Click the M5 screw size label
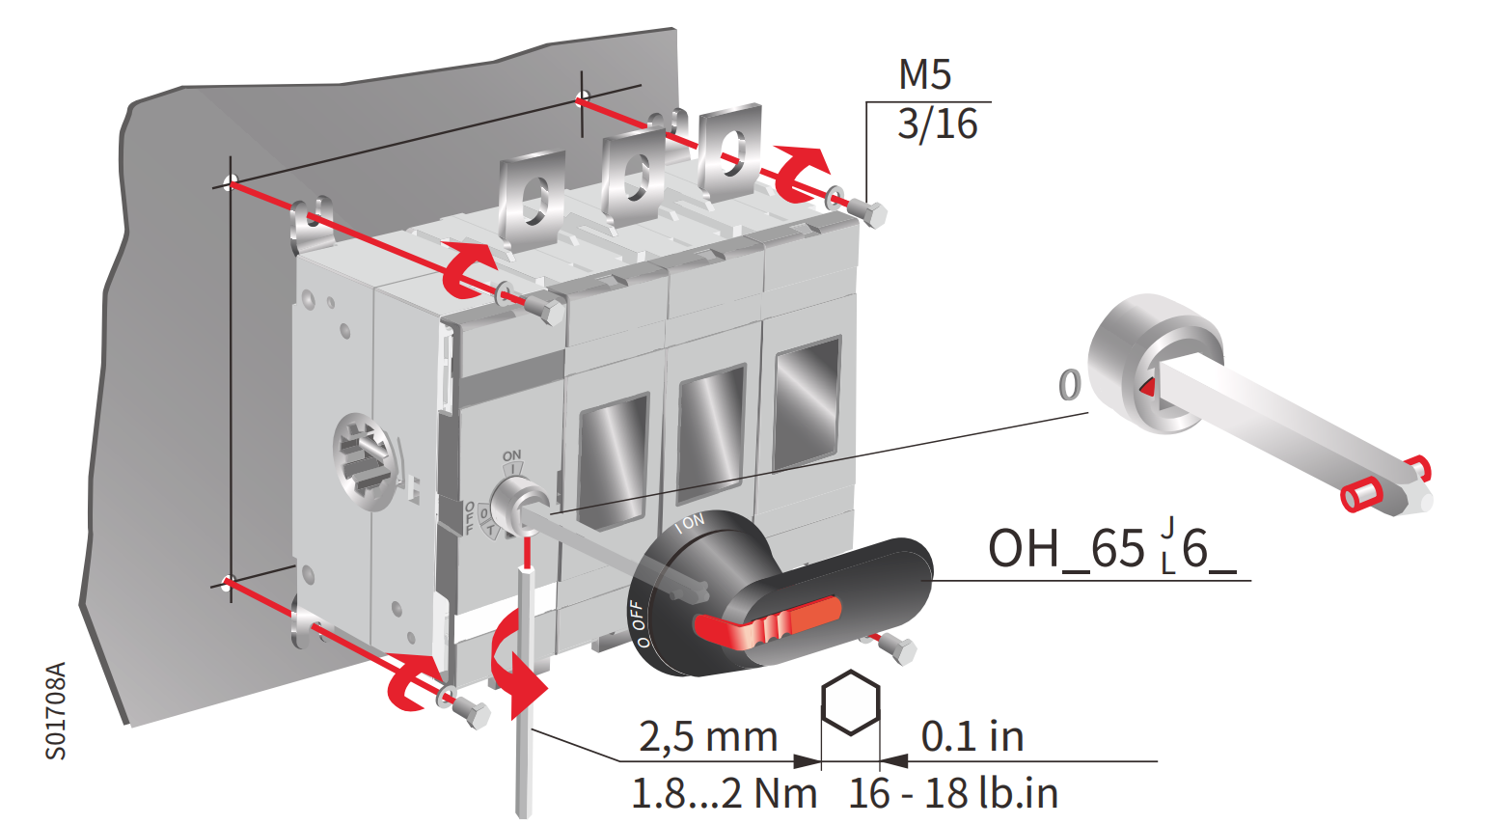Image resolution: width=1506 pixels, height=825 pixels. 924,75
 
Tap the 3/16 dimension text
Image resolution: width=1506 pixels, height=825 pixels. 937,125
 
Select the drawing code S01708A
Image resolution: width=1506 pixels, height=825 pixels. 56,710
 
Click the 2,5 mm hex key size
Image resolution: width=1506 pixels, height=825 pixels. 708,737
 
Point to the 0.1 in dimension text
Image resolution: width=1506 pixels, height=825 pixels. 972,737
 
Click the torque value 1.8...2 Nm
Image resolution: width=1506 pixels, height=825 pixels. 724,794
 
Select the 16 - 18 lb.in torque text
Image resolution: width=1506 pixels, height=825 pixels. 953,794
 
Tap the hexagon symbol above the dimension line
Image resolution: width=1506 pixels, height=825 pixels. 850,703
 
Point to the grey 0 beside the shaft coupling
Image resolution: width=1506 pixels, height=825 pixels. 1069,386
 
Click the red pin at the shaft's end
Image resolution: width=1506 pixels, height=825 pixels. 1361,495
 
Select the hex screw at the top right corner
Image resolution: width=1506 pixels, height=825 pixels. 874,214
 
